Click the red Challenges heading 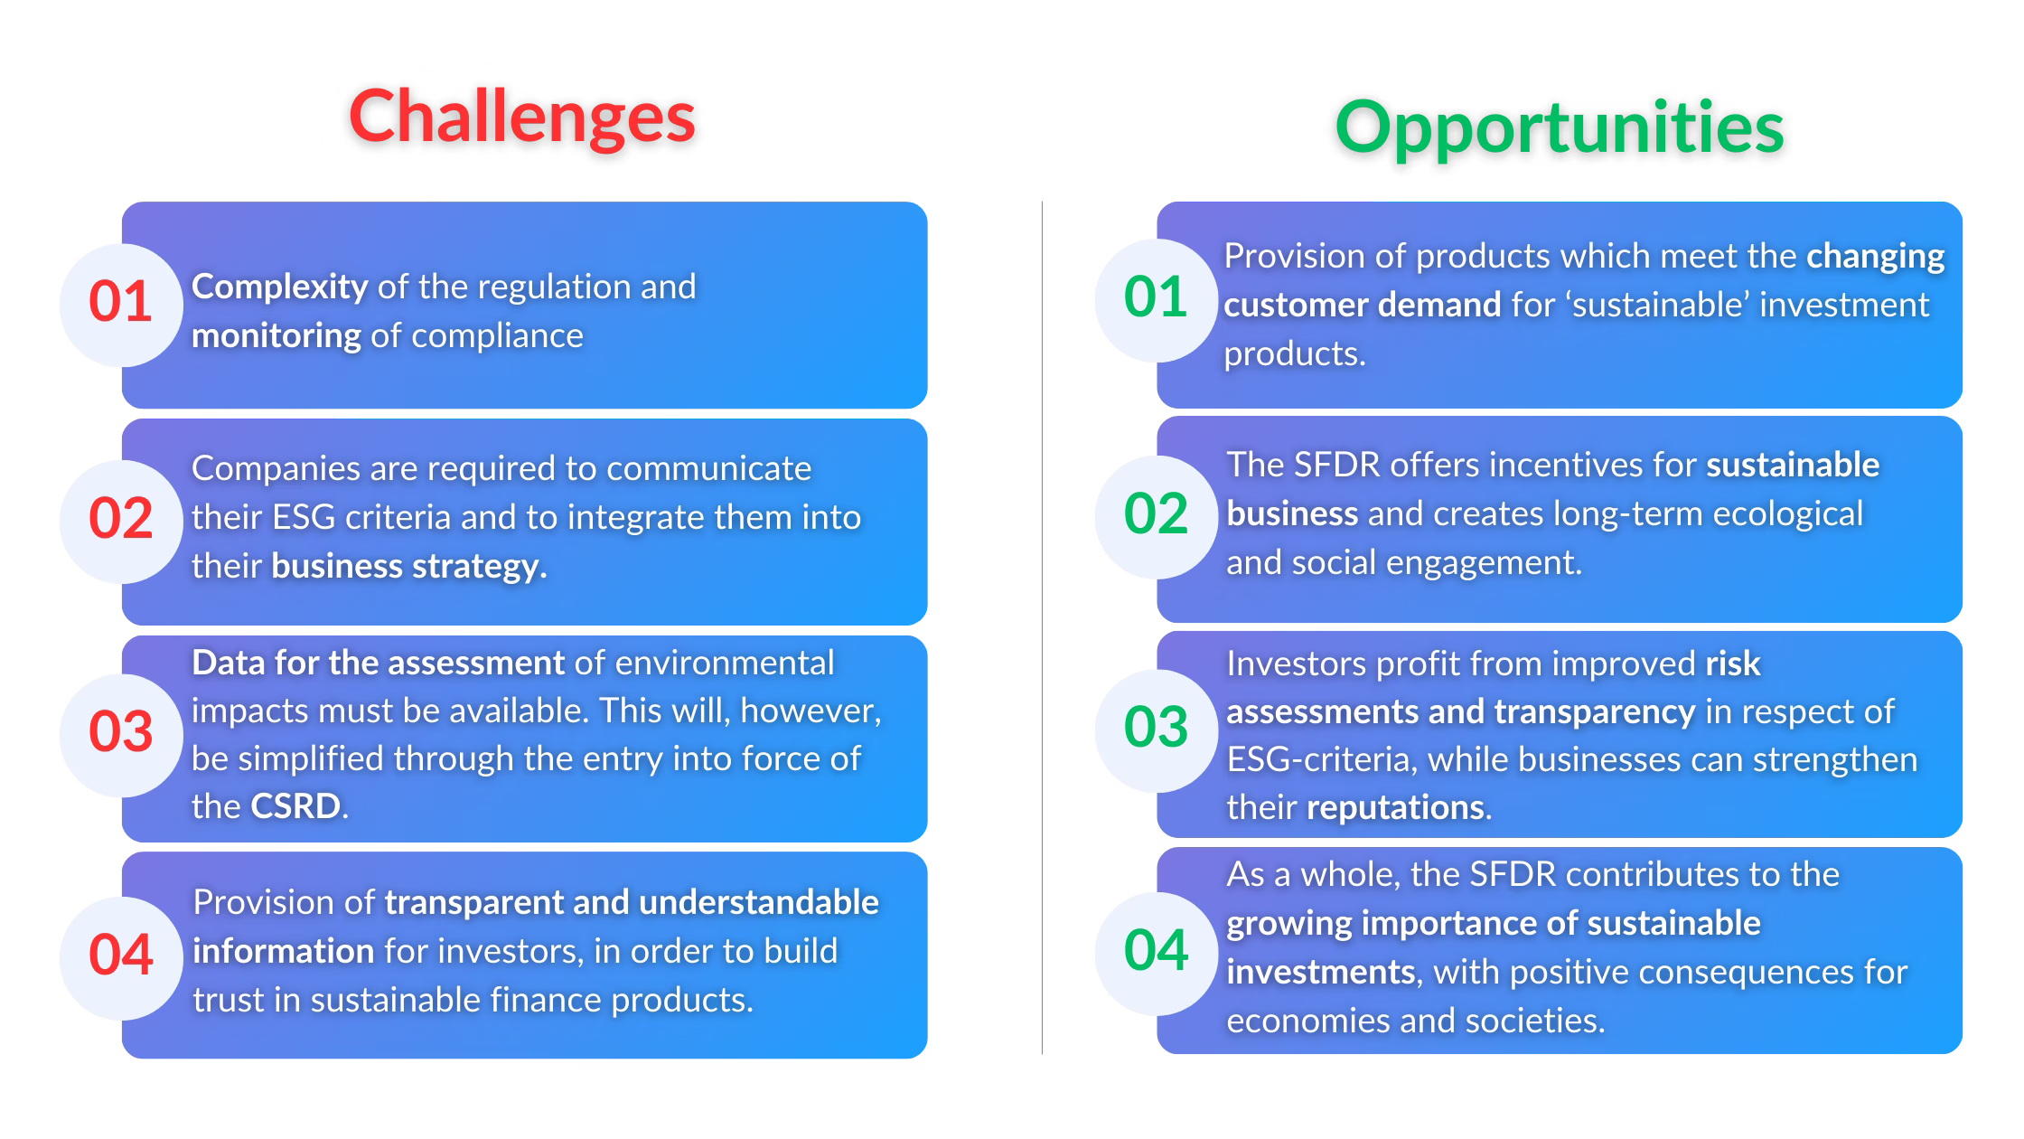tap(522, 118)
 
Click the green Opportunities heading tap(1559, 127)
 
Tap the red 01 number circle tap(121, 304)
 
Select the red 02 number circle tap(121, 520)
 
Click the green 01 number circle tap(1156, 299)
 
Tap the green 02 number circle tap(1156, 516)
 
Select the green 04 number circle tap(1156, 953)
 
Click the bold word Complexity tap(279, 287)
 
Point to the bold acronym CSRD tap(295, 806)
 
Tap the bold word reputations tap(1395, 807)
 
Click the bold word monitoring tap(276, 336)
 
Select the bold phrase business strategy tap(408, 567)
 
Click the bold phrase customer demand tap(1362, 306)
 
